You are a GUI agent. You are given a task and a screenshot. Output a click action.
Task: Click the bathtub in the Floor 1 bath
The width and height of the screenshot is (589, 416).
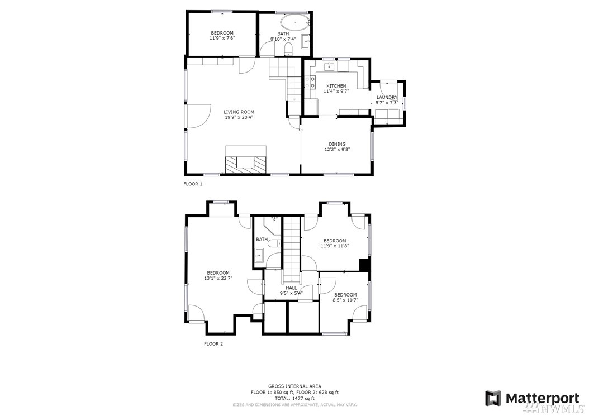point(295,22)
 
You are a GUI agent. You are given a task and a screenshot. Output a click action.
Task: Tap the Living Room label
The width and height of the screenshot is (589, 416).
point(239,112)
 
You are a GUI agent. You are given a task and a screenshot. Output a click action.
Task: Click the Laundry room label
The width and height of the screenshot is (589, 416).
point(387,98)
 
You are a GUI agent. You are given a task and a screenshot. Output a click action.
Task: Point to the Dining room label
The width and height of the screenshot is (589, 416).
point(337,144)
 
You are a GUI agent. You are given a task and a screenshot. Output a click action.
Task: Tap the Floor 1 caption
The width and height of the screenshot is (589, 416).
point(193,184)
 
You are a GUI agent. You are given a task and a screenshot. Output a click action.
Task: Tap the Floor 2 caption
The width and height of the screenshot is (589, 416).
point(213,343)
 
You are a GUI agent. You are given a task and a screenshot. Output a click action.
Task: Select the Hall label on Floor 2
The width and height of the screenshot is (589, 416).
point(291,288)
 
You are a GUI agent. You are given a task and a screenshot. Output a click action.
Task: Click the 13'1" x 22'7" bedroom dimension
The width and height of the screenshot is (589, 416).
point(218,278)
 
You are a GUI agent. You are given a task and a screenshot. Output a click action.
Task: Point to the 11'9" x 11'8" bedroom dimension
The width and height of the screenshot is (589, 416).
point(335,246)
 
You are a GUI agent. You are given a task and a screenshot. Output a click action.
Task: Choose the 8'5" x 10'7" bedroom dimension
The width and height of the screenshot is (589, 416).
point(345,300)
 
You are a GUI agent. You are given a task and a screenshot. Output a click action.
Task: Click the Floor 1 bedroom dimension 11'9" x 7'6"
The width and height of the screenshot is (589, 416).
point(222,38)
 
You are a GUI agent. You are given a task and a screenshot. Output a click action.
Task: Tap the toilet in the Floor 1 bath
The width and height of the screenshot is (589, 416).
point(288,49)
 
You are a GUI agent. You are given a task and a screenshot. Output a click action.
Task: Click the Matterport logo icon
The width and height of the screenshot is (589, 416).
point(493,398)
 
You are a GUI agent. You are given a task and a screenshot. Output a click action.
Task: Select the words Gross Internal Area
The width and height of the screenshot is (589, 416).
point(294,386)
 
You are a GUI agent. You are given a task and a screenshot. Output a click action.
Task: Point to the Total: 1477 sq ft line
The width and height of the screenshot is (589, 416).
point(294,398)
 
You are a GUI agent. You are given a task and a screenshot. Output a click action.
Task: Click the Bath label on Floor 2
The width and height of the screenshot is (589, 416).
point(262,239)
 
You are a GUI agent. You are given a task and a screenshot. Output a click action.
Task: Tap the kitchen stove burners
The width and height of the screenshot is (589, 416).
point(312,83)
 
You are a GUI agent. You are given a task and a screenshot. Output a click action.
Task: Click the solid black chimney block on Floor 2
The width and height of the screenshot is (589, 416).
point(364,265)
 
